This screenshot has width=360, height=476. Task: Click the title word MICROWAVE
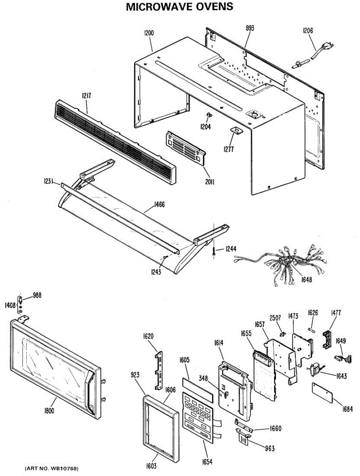click(159, 7)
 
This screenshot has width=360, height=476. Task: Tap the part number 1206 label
click(308, 31)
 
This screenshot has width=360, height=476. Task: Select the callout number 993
click(250, 29)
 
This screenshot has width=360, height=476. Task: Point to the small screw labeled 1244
click(214, 252)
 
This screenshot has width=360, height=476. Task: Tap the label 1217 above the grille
click(87, 96)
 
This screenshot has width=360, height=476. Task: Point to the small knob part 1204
click(208, 115)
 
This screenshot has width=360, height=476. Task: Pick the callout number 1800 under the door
click(49, 410)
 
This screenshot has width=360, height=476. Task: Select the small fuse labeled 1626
click(312, 330)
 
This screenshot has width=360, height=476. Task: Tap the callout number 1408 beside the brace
click(10, 305)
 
